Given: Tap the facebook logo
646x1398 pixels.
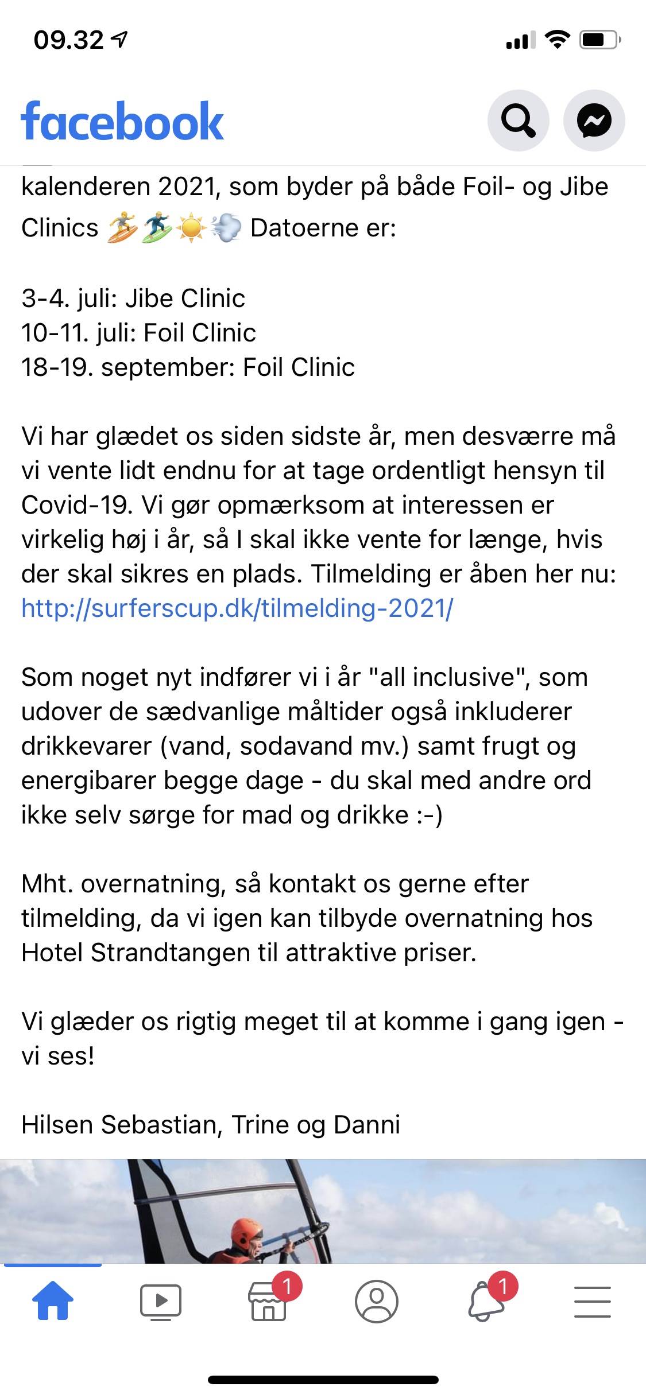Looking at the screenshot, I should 122,121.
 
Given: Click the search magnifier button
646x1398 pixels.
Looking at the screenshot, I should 518,121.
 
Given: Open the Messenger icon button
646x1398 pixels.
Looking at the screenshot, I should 594,121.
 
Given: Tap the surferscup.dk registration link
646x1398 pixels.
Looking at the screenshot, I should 237,608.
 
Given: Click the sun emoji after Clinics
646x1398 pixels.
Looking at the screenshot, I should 191,228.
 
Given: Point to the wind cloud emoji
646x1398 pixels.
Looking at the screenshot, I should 226,228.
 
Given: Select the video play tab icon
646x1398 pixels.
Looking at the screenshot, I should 161,1300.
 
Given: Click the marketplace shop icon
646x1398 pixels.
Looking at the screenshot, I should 268,1302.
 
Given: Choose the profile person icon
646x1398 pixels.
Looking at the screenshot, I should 376,1300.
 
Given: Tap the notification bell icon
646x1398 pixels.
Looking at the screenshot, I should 486,1302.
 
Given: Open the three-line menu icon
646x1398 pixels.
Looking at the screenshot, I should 592,1300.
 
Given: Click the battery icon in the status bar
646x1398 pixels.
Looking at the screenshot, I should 599,40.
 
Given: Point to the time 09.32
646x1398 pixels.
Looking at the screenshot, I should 69,40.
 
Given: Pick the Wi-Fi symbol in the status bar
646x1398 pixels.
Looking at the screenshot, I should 556,39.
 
